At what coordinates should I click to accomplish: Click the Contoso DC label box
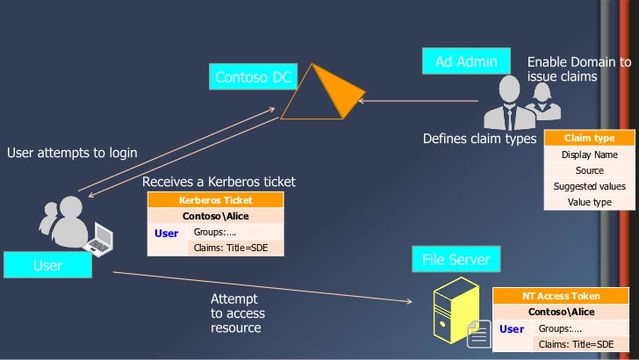(x=252, y=78)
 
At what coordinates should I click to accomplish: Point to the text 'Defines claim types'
(x=479, y=139)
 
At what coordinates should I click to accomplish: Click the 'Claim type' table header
(x=589, y=139)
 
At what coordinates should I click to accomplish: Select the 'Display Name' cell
(x=589, y=155)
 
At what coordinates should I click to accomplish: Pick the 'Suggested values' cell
(x=589, y=186)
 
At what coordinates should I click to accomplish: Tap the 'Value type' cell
(x=589, y=202)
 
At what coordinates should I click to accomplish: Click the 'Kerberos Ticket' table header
(x=215, y=200)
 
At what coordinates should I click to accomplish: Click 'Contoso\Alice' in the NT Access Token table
(x=561, y=312)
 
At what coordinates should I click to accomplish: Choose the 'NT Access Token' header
(x=561, y=296)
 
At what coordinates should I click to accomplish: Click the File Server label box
(x=456, y=261)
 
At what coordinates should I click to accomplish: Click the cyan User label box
(x=47, y=265)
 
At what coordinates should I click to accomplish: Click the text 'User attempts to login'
(x=72, y=153)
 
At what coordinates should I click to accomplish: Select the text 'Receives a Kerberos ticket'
(x=219, y=182)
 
